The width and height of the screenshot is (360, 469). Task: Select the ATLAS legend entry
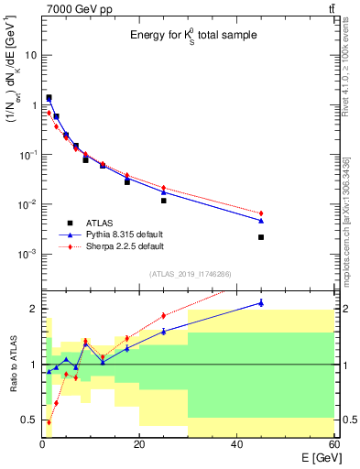pos(100,223)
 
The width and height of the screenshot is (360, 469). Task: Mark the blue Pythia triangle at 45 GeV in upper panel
pos(261,221)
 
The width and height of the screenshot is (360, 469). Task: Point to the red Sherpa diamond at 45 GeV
pos(261,213)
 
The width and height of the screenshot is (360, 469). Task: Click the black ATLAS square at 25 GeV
pos(164,201)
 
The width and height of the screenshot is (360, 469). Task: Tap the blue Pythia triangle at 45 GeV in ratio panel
pos(261,303)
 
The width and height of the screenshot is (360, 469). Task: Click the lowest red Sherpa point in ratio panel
pos(49,422)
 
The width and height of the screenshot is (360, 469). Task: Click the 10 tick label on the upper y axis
pos(28,55)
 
